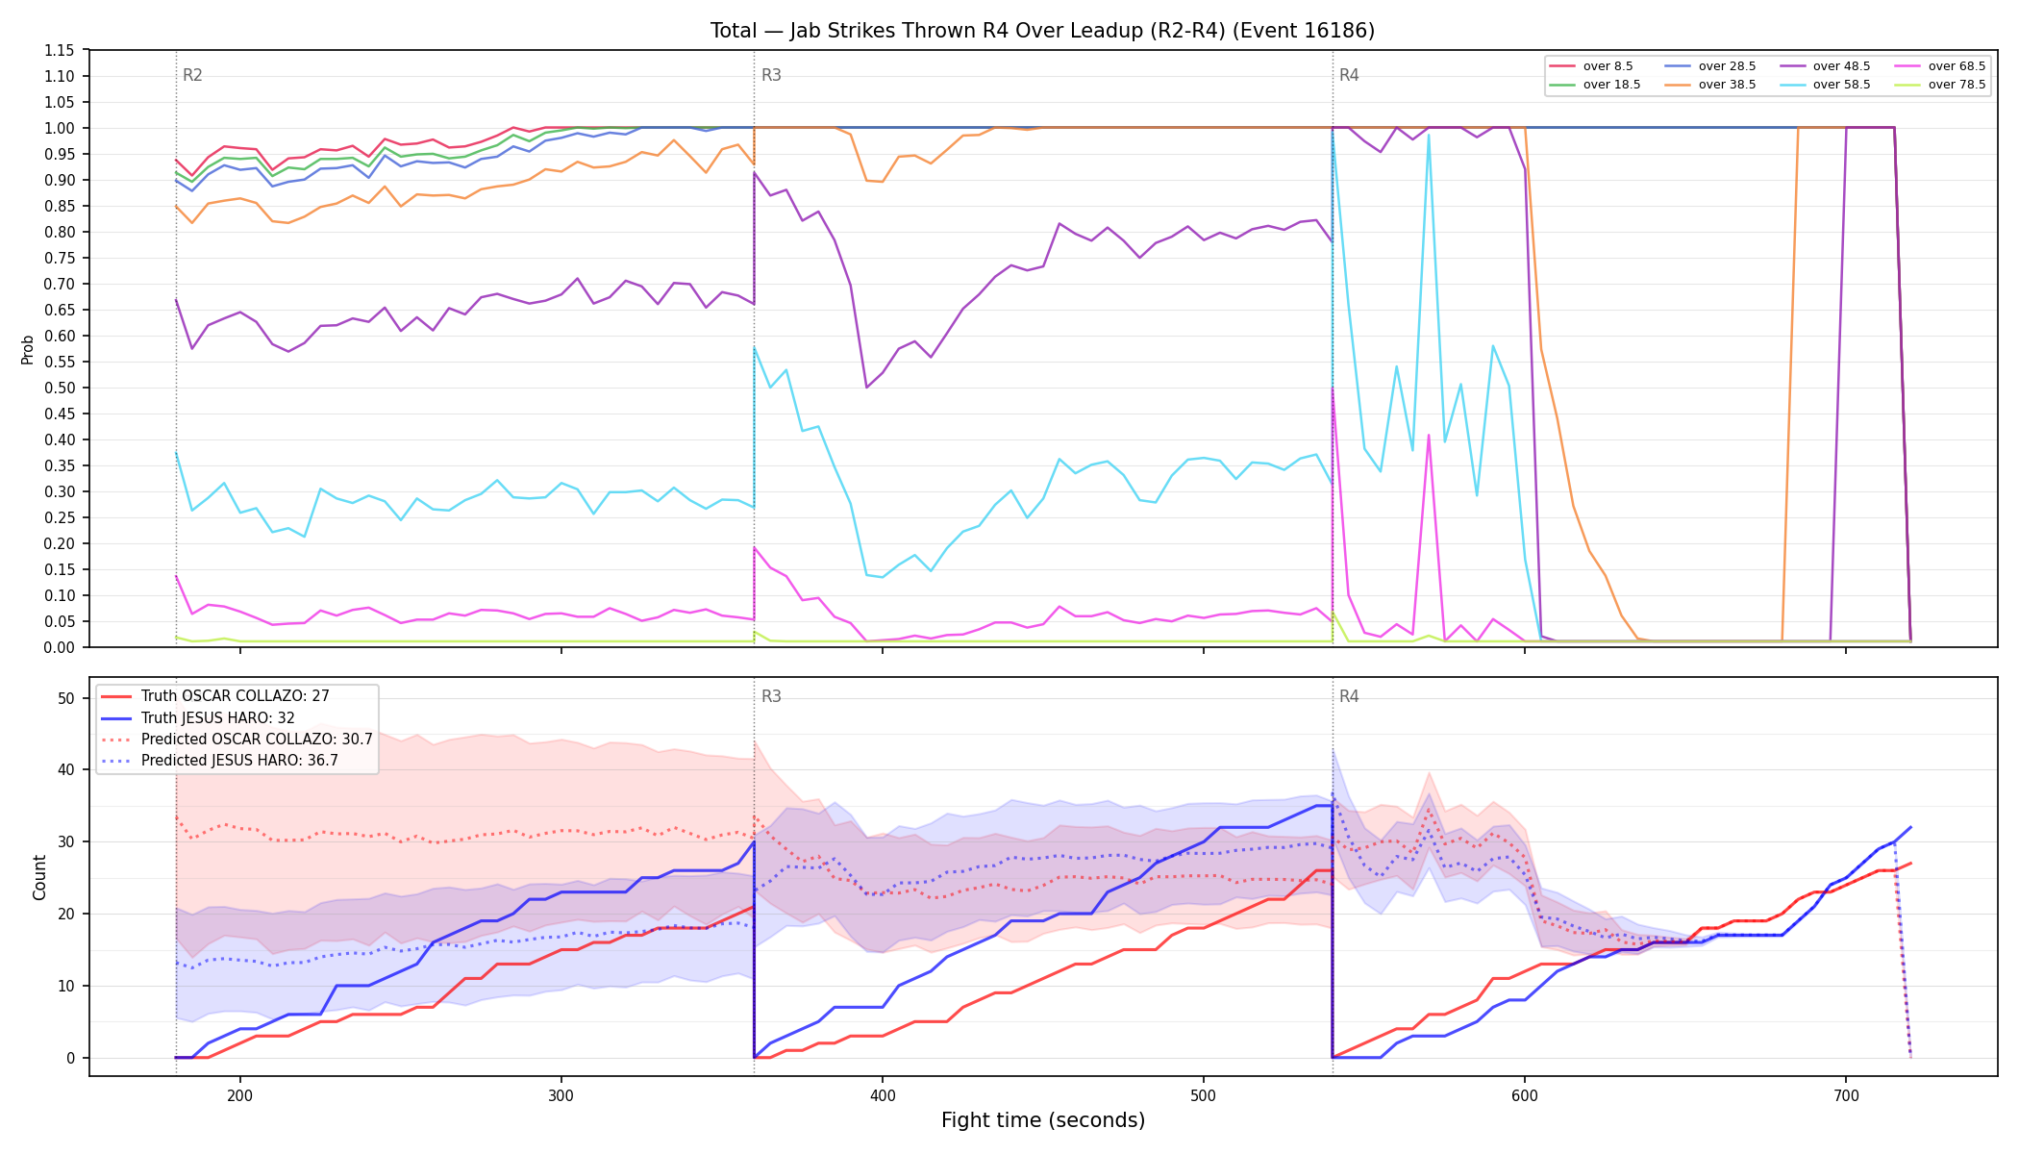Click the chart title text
point(1042,31)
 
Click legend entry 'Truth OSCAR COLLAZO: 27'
point(215,696)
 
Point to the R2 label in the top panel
point(192,75)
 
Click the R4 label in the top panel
point(1349,75)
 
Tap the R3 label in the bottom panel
point(771,696)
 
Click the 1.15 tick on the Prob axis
point(60,50)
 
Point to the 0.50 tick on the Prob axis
point(60,388)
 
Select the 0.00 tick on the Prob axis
point(60,647)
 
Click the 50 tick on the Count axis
point(66,698)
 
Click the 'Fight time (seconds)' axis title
point(1043,1120)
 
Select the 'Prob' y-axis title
point(28,349)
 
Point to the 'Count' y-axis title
point(39,877)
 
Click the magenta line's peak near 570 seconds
point(1429,435)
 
